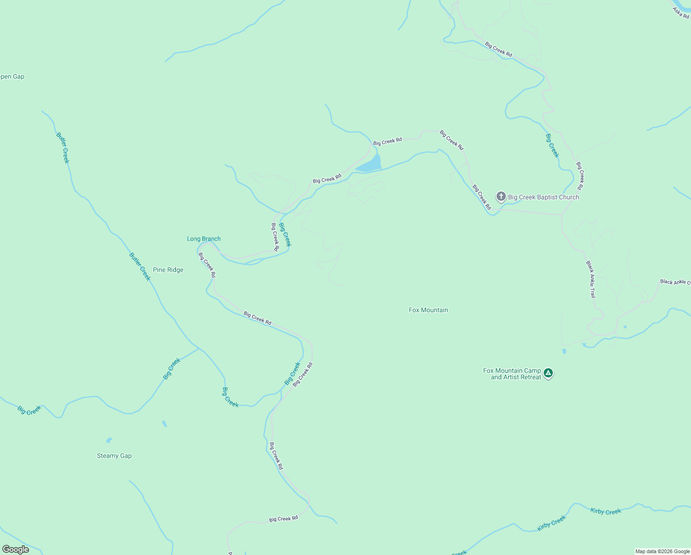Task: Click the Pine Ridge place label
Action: click(168, 270)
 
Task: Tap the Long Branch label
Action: click(204, 239)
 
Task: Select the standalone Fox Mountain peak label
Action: click(428, 310)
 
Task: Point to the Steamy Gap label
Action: click(114, 456)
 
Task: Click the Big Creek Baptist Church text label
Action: click(543, 197)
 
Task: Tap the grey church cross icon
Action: click(501, 197)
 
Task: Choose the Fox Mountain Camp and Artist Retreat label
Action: click(512, 374)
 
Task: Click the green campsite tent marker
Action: click(548, 373)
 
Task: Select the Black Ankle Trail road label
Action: click(591, 279)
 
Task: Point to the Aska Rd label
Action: click(680, 12)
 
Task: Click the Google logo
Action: click(15, 549)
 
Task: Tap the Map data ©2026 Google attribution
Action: click(662, 551)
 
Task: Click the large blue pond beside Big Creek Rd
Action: click(370, 165)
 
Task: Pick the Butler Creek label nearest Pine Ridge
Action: click(139, 266)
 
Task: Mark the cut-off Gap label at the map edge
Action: click(12, 77)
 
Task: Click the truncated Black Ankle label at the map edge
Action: click(675, 282)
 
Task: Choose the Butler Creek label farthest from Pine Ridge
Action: click(62, 148)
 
